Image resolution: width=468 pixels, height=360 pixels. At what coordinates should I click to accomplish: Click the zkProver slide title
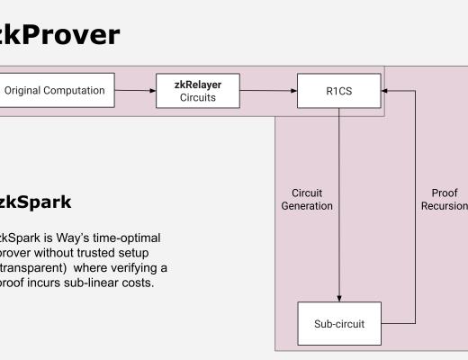[58, 34]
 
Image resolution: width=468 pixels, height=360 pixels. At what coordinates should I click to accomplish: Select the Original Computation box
[56, 90]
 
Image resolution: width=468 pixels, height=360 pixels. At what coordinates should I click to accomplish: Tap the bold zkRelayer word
[197, 85]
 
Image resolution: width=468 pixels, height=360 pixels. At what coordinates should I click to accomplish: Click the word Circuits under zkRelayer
[197, 97]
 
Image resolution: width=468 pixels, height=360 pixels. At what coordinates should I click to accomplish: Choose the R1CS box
[339, 91]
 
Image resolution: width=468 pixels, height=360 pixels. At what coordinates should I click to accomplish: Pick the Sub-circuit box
[339, 324]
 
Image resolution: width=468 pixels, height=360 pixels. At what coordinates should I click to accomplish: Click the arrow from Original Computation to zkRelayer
[135, 90]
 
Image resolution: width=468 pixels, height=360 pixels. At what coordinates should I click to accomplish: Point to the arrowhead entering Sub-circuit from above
[339, 299]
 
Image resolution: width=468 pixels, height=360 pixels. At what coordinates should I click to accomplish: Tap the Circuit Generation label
[307, 199]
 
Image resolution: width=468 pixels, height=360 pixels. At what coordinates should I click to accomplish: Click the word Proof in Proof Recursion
[444, 193]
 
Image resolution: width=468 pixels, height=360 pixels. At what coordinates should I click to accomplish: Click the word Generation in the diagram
[307, 206]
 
